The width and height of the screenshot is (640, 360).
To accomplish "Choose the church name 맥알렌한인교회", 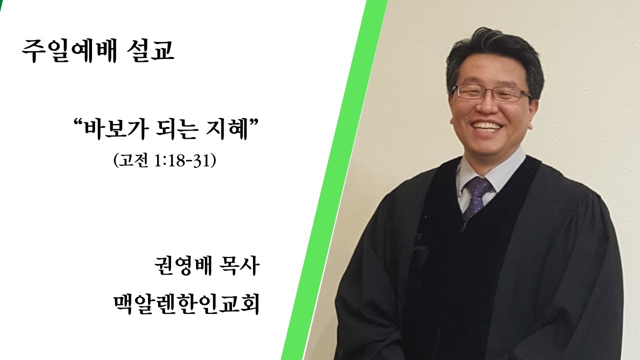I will tap(186, 304).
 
